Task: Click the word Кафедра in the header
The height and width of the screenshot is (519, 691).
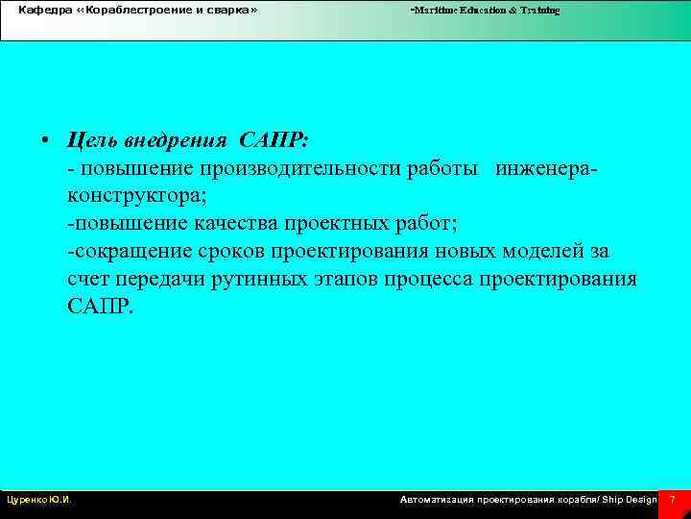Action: click(x=41, y=10)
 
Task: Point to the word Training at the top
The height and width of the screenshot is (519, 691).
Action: click(x=540, y=10)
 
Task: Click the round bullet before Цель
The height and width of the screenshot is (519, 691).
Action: click(x=46, y=141)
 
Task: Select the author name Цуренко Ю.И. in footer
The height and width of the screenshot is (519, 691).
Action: click(x=38, y=500)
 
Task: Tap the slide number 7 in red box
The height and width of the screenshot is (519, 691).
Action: click(x=673, y=500)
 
